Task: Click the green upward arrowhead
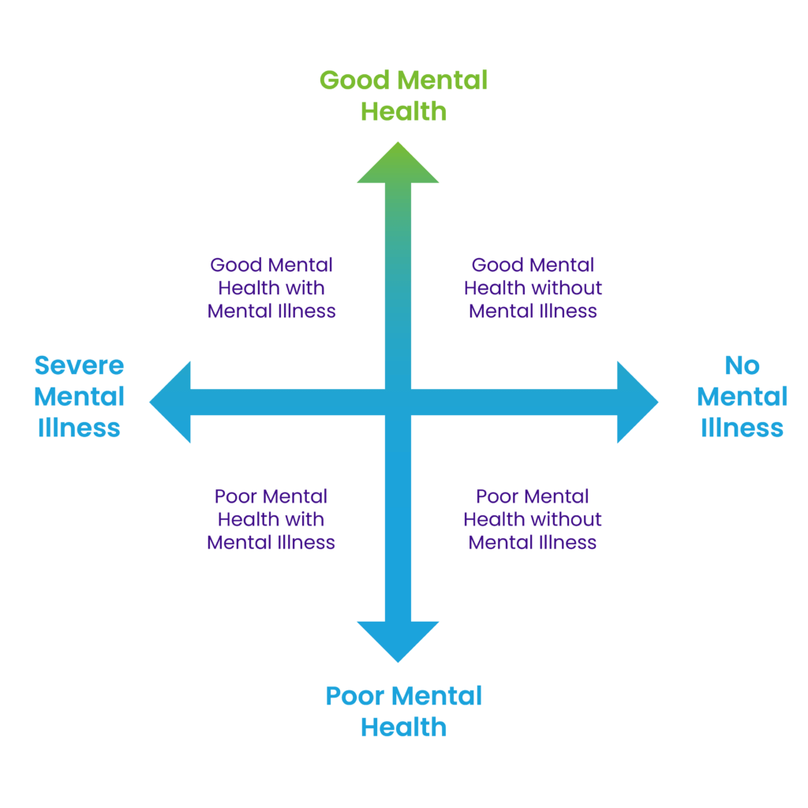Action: (398, 164)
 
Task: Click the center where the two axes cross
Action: (398, 402)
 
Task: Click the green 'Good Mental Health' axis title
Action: (403, 95)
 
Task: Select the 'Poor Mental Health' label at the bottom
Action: (403, 711)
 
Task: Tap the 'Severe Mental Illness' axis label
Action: (80, 396)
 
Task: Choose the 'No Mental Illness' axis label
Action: (742, 396)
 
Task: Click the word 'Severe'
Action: (80, 365)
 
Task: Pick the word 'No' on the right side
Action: (742, 365)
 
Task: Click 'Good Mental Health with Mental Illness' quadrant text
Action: (271, 287)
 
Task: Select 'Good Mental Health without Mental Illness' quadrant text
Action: (533, 287)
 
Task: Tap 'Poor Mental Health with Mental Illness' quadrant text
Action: (271, 519)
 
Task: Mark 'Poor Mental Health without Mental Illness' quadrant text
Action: (533, 519)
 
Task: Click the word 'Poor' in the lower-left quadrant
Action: (235, 496)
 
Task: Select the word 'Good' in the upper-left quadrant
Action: (236, 265)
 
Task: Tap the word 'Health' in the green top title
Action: (403, 111)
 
